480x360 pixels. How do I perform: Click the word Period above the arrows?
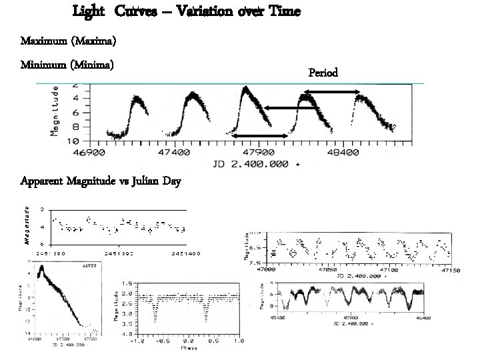click(x=323, y=72)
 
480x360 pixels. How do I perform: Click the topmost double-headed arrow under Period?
click(x=337, y=92)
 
